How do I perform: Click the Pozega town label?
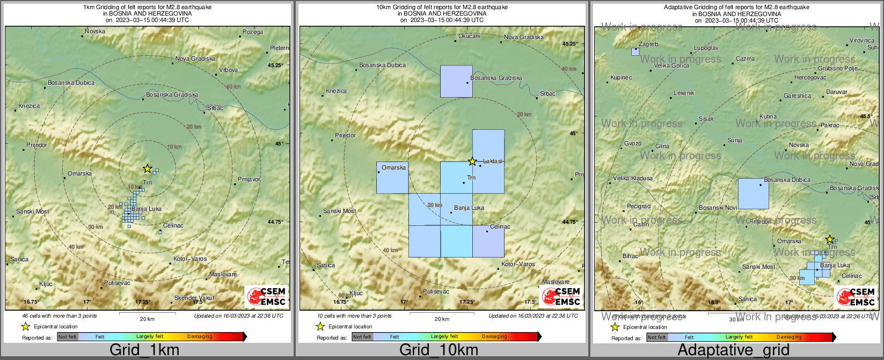[253, 32]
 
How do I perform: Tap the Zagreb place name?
[648, 45]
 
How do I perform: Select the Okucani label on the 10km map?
[469, 36]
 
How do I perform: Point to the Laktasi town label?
[493, 161]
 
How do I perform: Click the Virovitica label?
[862, 41]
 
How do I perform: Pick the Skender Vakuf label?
[194, 298]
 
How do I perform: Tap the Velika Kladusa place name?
[633, 179]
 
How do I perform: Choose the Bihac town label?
[630, 256]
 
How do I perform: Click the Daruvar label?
[837, 92]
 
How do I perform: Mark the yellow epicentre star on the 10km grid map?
[472, 161]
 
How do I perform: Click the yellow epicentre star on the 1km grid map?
[147, 168]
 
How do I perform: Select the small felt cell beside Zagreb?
[635, 52]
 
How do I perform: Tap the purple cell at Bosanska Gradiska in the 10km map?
[456, 81]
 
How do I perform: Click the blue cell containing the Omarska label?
[392, 178]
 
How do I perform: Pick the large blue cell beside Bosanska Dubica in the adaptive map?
[753, 194]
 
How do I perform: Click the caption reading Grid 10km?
[439, 350]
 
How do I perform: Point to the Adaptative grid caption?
[733, 350]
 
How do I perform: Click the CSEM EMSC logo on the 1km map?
[267, 297]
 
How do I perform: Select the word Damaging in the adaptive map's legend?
[789, 337]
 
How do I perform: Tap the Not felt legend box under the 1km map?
[68, 337]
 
